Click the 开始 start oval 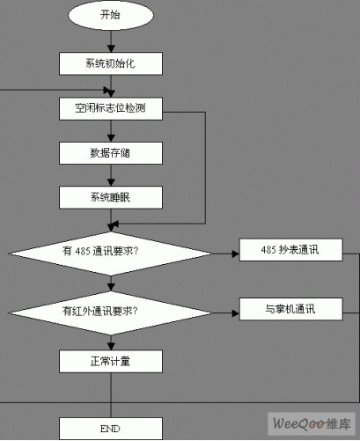[x=111, y=15]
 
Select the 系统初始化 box [x=111, y=63]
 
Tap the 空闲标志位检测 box [x=111, y=109]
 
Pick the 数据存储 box [x=111, y=153]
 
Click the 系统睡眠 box [x=111, y=197]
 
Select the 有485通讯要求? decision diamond [x=111, y=254]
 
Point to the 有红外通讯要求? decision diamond [x=111, y=313]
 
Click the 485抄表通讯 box [x=291, y=250]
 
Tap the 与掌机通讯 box [x=291, y=309]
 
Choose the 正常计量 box [x=111, y=362]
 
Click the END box [x=111, y=429]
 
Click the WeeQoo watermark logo [x=312, y=423]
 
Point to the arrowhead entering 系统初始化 [x=111, y=49]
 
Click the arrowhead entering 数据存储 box [x=111, y=138]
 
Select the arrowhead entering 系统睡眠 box [x=111, y=183]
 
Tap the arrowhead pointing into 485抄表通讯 [x=236, y=254]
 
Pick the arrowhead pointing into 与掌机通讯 [x=236, y=313]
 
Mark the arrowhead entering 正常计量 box [x=111, y=347]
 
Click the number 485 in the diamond [x=83, y=251]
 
